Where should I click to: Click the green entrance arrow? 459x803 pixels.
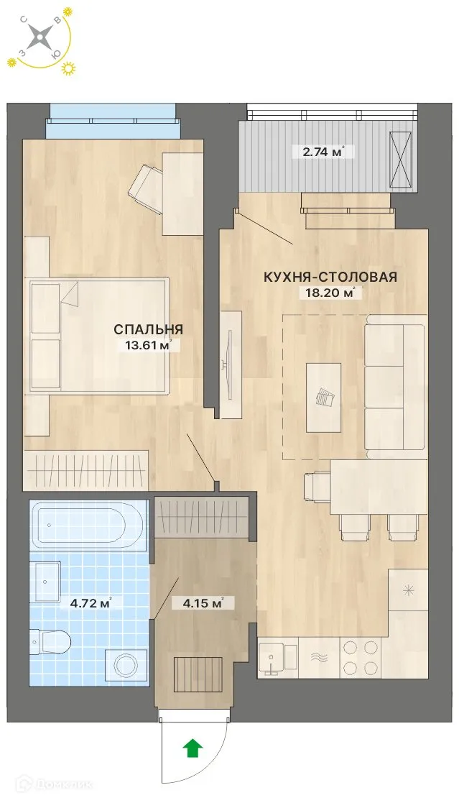click(193, 748)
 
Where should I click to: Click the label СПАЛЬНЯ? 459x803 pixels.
click(148, 329)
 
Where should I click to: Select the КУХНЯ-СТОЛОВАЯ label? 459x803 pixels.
click(330, 277)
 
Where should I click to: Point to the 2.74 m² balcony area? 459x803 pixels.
click(320, 151)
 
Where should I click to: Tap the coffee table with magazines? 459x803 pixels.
click(323, 397)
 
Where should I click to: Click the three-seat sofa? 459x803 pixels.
click(394, 389)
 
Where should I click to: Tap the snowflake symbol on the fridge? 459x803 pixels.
click(408, 591)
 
